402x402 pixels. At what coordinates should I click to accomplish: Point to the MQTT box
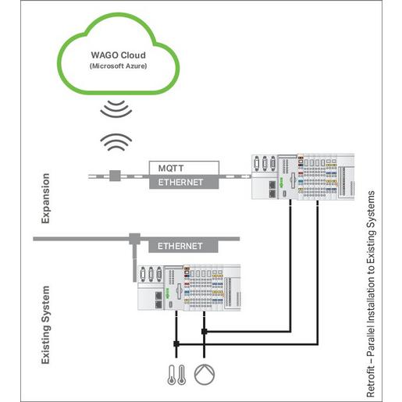click(183, 168)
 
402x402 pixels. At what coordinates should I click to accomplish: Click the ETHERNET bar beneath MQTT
click(183, 182)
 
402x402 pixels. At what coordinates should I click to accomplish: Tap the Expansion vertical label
click(44, 198)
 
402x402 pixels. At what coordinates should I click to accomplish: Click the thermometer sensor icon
click(171, 374)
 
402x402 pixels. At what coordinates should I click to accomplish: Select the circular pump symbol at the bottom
click(204, 373)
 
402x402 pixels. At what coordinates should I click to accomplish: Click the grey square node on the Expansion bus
click(114, 175)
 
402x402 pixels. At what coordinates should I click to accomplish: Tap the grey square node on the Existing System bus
click(133, 236)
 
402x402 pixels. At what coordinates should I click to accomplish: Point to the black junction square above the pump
click(205, 331)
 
